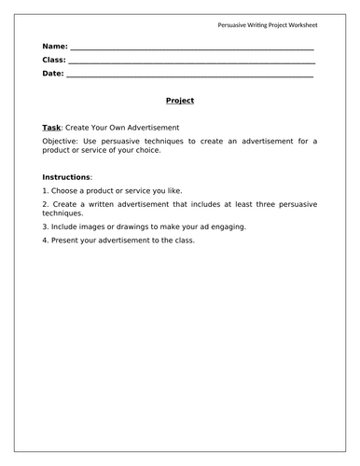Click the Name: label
[55, 46]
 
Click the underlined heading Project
[179, 101]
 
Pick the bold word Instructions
[66, 176]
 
